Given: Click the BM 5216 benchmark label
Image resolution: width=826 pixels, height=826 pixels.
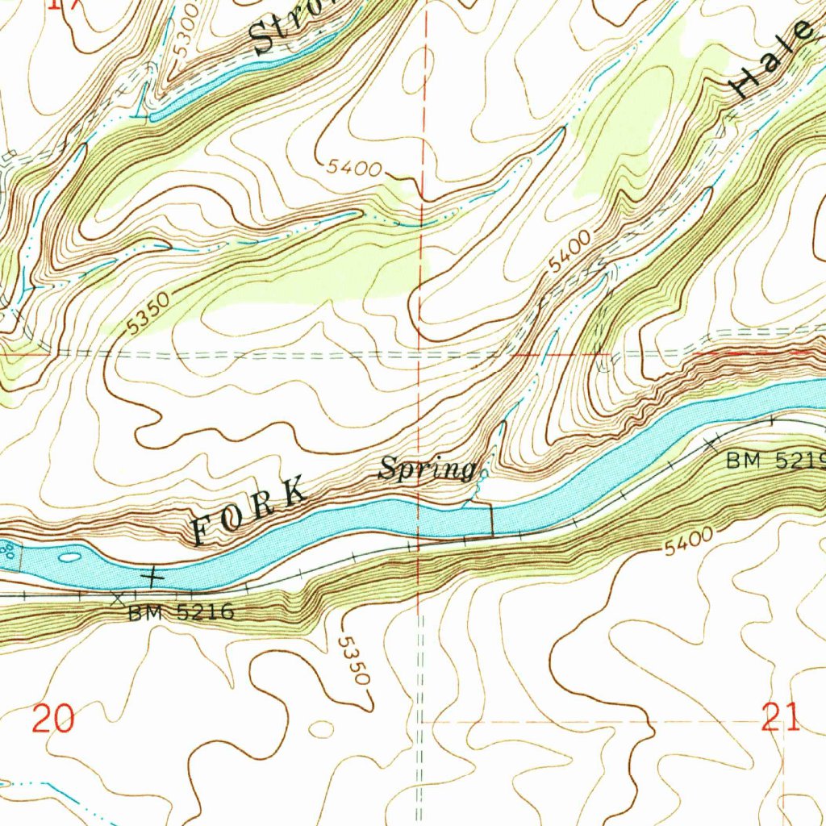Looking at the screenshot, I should coord(181,613).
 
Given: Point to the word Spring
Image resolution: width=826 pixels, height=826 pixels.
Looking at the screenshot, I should coord(427,469).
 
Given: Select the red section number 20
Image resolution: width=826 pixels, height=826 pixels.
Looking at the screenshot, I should coord(55,717).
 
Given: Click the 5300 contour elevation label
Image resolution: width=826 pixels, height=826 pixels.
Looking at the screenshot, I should coord(184,31).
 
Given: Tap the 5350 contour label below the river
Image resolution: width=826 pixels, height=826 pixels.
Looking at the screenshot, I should coord(353,661).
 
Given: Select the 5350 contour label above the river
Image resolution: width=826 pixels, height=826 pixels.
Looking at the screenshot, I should coord(148,314).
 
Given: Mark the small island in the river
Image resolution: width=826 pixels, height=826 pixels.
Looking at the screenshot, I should coord(70,556).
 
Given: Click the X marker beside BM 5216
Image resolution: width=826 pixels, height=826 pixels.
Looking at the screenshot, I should coord(119,599).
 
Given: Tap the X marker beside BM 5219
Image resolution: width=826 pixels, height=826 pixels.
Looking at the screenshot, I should coord(712,443).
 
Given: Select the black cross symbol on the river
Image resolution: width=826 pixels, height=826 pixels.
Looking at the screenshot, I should coord(152,576).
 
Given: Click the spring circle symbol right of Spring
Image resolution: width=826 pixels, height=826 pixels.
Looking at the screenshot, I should coord(482,475).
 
